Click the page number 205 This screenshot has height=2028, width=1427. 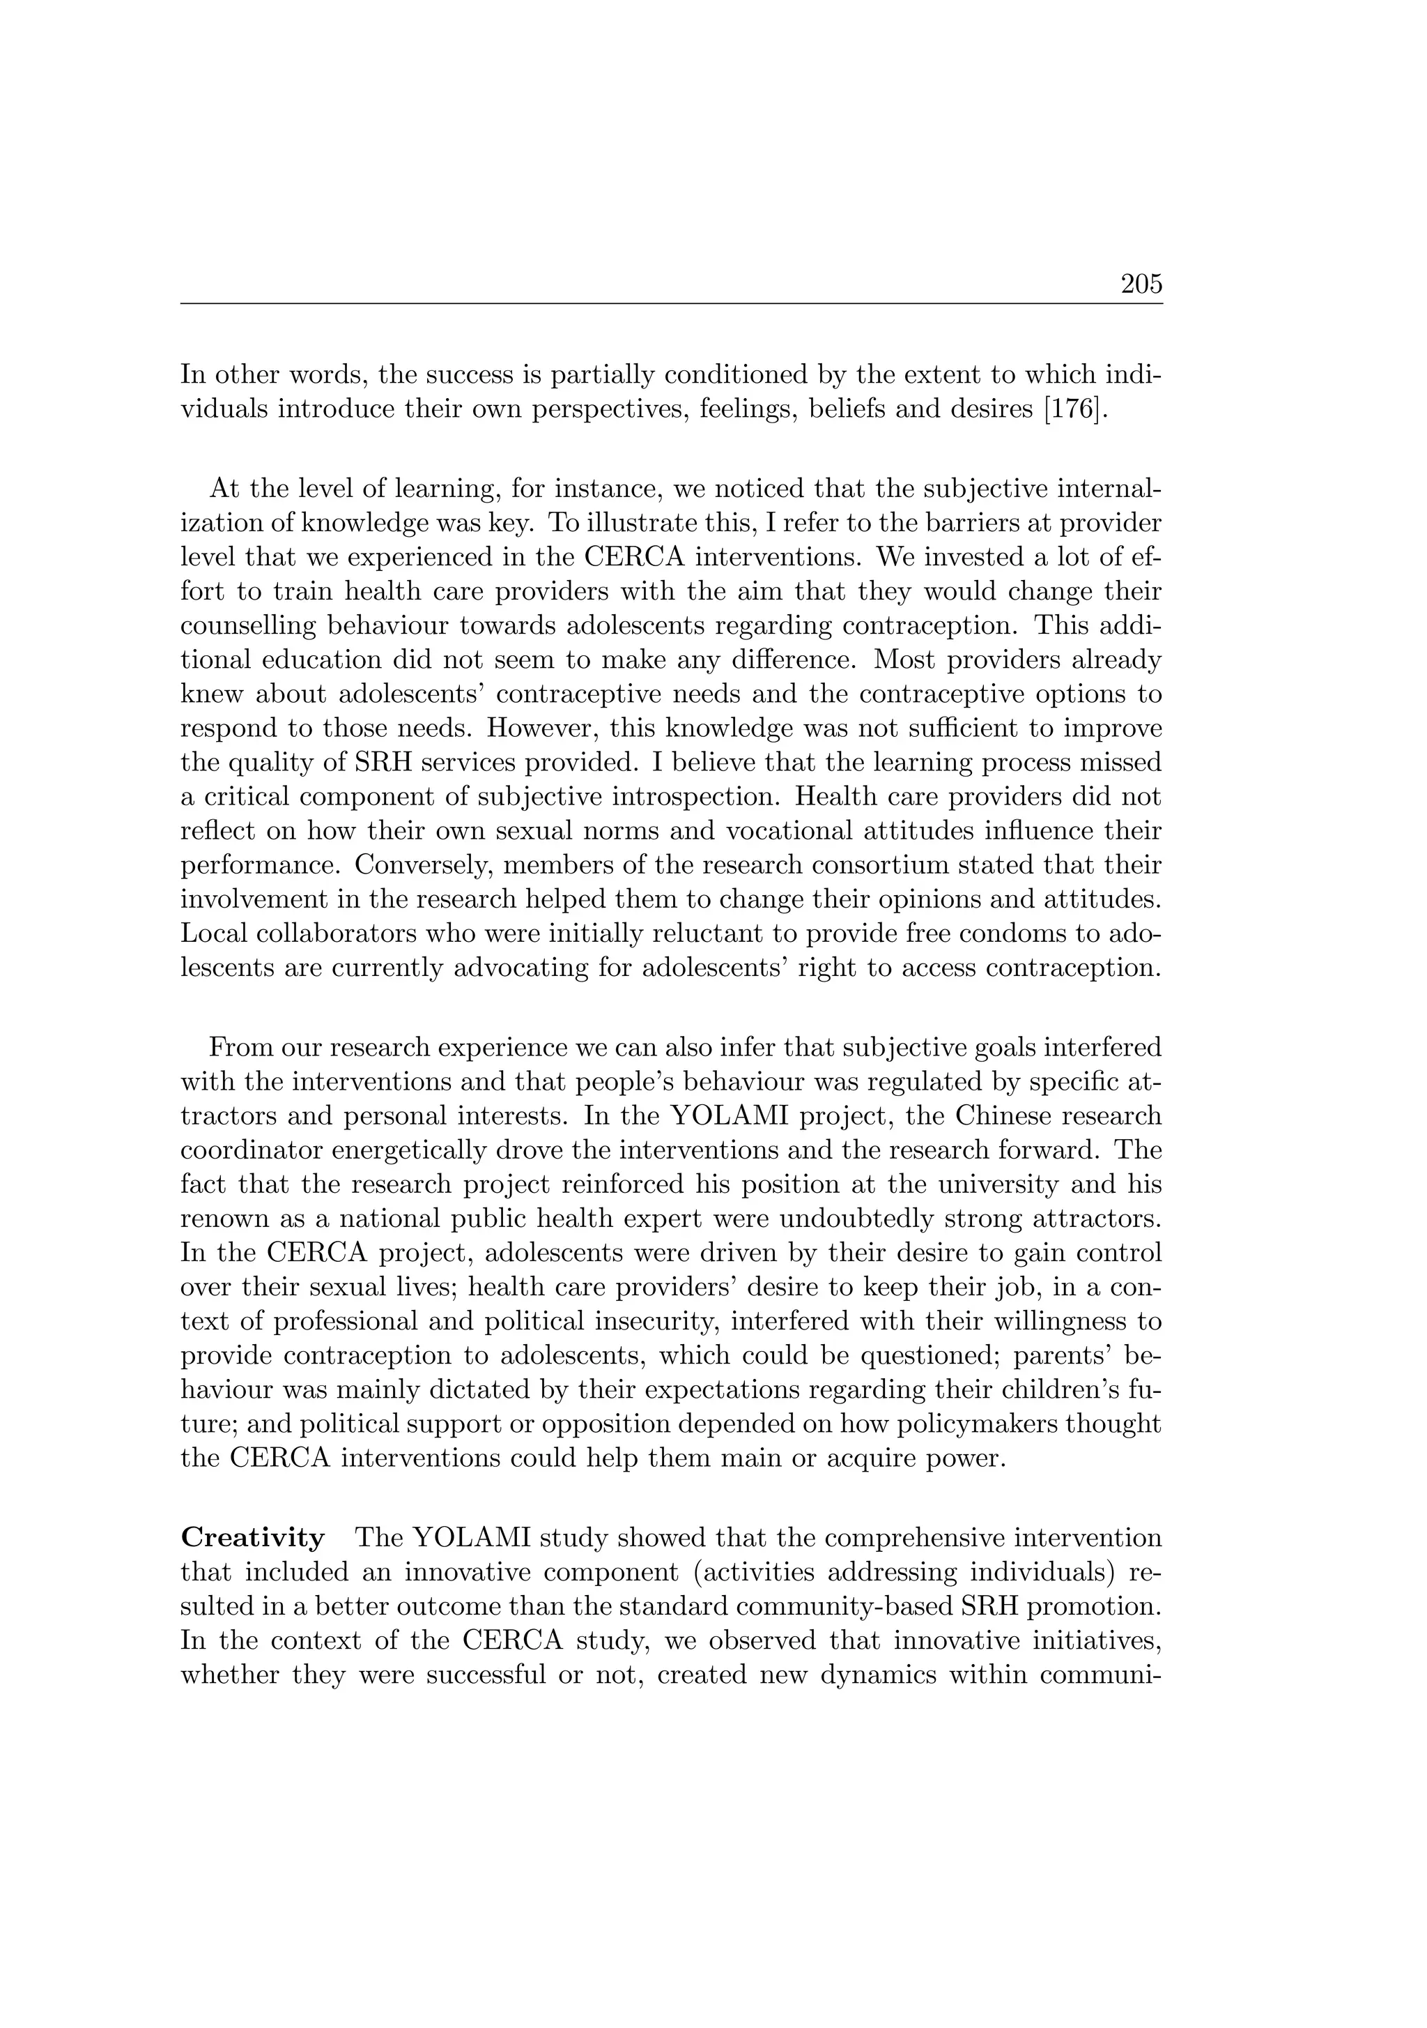[x=1141, y=284]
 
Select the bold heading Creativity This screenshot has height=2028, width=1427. [x=252, y=1538]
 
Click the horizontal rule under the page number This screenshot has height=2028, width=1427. [x=671, y=304]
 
